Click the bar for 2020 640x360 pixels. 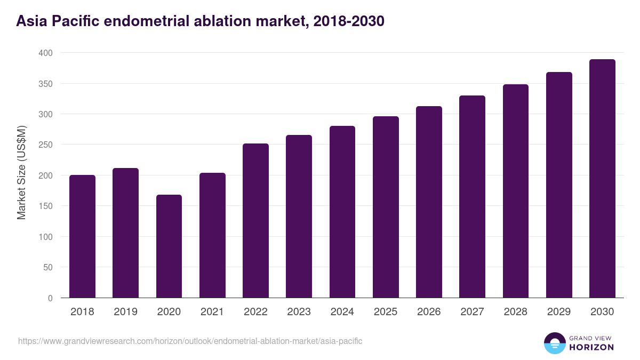(x=169, y=246)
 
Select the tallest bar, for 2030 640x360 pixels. (x=602, y=179)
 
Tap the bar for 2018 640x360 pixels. (x=82, y=236)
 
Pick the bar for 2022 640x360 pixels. (x=255, y=221)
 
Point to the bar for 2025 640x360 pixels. (x=386, y=207)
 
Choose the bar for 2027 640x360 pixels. (x=472, y=197)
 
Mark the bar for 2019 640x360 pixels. (x=125, y=233)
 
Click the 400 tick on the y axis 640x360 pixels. (x=45, y=53)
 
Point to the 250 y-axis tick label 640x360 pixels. (x=45, y=145)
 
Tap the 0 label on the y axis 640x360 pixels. (x=50, y=298)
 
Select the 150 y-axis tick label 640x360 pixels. (x=45, y=206)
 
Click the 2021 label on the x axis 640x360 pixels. (x=212, y=312)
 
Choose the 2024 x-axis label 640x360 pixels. (x=342, y=312)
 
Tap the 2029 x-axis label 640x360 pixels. (x=559, y=312)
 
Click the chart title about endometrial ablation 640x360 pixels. (x=200, y=21)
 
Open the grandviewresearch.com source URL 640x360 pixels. (x=190, y=341)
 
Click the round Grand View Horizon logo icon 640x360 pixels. (x=554, y=343)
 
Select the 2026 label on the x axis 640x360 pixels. (x=429, y=312)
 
